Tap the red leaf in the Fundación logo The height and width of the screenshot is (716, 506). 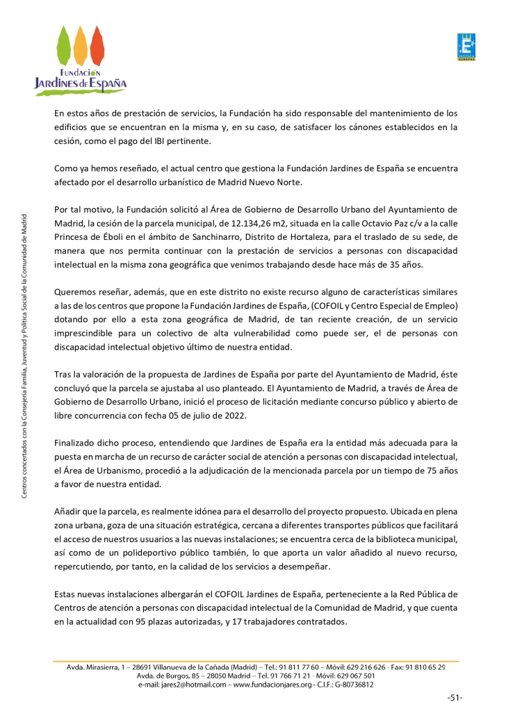(97, 44)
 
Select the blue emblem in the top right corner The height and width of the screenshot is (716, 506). (466, 48)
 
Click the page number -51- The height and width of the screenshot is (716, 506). (455, 698)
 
